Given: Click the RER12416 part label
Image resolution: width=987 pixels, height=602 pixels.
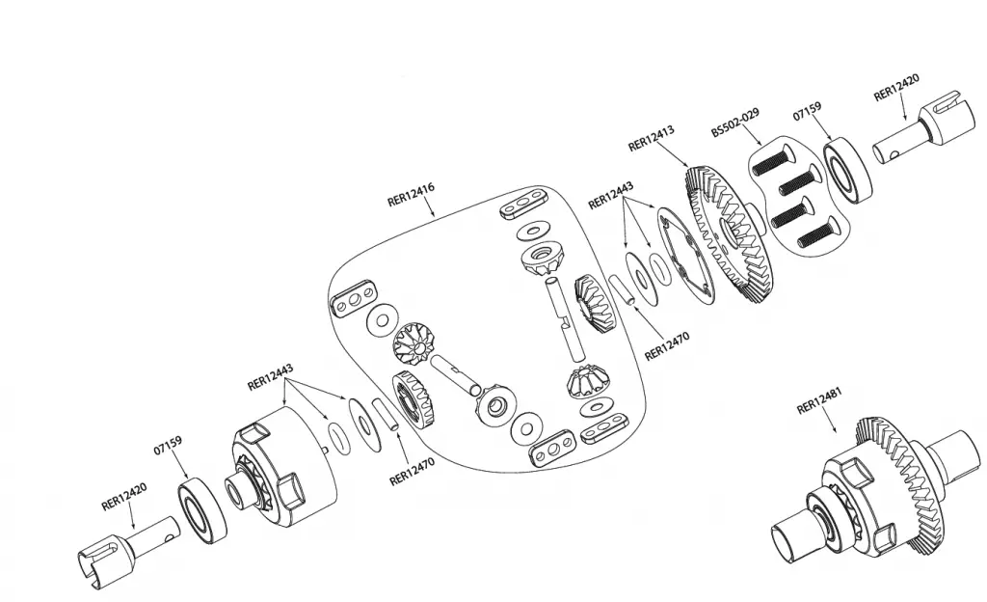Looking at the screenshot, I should (411, 197).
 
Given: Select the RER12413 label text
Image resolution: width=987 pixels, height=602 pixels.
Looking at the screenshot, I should (651, 138).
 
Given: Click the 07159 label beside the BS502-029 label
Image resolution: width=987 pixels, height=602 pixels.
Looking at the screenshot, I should (807, 112).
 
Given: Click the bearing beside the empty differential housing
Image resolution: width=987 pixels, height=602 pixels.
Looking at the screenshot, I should (201, 510).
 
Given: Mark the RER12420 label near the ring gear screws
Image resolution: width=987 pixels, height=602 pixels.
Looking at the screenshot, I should (895, 90).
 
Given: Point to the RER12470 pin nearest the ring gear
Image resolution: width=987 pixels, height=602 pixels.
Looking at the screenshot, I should (623, 290).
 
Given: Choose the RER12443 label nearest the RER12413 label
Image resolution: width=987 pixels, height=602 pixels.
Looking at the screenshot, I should (611, 197).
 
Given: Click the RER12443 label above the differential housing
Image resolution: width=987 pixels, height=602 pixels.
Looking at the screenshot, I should (270, 376).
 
